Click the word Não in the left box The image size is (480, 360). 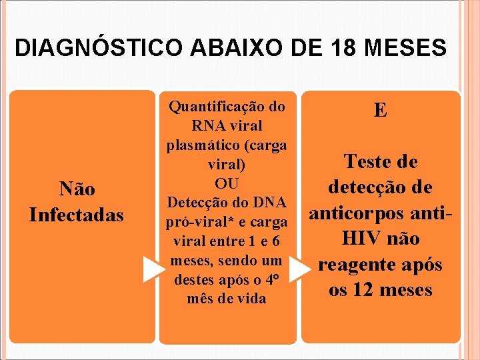[x=77, y=189]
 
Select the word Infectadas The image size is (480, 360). [x=77, y=215]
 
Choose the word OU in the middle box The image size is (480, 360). [x=227, y=183]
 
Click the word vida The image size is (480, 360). [x=252, y=299]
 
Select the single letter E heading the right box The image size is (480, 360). [x=380, y=110]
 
